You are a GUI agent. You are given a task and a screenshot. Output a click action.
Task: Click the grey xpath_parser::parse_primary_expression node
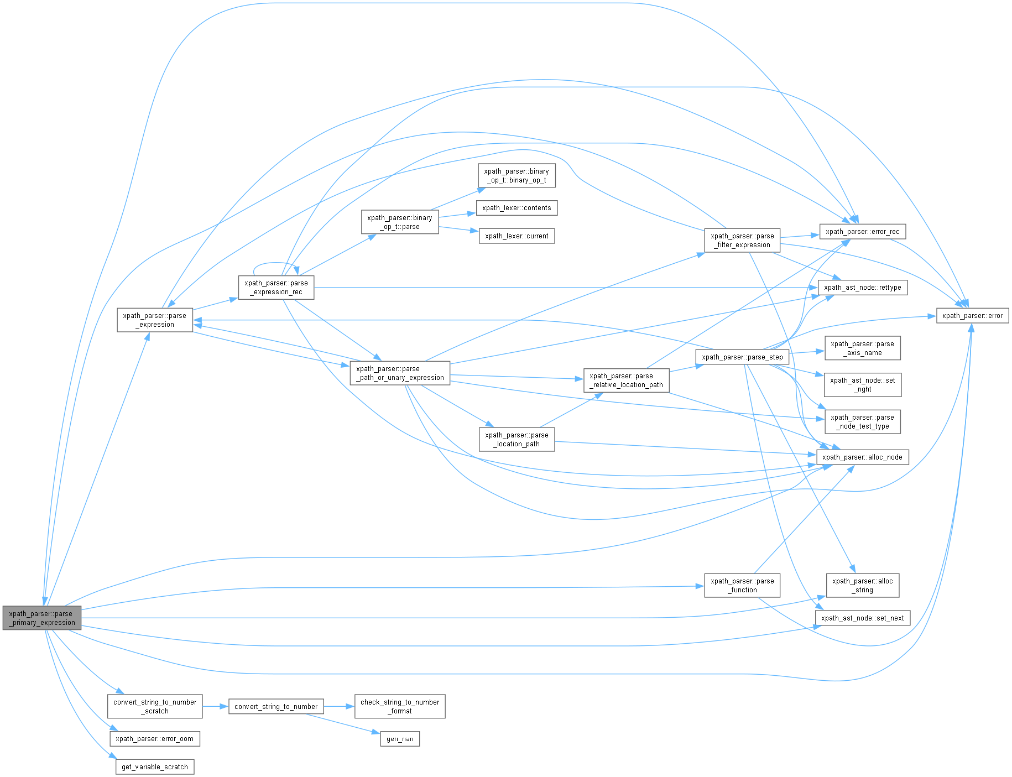point(42,618)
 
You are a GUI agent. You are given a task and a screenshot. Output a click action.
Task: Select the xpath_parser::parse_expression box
point(155,320)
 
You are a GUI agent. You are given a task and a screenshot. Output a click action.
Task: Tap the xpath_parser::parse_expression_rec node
point(276,288)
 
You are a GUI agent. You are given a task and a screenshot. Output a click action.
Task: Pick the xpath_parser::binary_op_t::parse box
point(400,222)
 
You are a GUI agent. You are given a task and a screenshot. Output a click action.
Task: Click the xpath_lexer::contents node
point(517,208)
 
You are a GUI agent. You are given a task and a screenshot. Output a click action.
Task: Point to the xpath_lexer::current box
point(517,236)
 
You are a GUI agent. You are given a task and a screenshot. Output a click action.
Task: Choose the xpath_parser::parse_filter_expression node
point(742,241)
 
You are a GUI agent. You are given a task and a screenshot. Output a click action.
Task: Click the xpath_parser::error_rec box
point(862,232)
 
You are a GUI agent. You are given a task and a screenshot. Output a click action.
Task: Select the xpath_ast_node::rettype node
point(862,288)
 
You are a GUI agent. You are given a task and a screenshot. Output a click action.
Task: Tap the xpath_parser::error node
point(972,316)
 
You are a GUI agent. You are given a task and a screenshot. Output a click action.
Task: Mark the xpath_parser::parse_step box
point(742,357)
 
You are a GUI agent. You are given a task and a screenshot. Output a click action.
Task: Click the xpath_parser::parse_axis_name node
point(862,348)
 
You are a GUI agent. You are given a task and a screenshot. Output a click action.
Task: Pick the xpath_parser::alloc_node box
point(862,457)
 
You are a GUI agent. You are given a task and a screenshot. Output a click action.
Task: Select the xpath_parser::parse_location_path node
point(517,440)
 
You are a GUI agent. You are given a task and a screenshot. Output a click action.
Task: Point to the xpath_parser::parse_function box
point(742,586)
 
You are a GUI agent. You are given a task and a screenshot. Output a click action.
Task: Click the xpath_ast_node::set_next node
point(862,618)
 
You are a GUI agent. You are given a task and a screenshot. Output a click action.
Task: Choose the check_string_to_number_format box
point(400,707)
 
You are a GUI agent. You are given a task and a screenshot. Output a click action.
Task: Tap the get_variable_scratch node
point(155,767)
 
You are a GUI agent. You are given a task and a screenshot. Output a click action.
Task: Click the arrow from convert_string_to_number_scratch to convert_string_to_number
point(215,707)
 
